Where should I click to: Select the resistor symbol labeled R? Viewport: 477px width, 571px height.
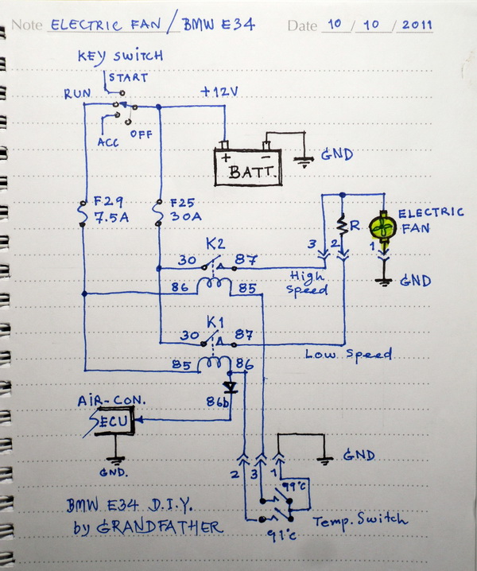click(x=342, y=225)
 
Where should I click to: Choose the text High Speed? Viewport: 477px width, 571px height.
click(x=307, y=282)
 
